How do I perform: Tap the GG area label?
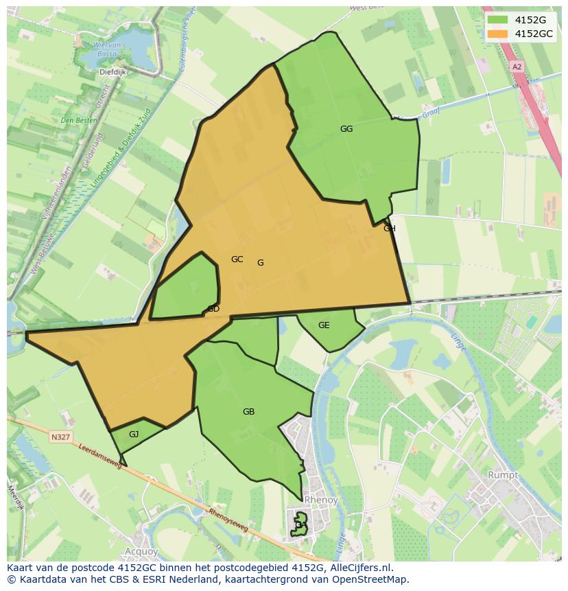346,128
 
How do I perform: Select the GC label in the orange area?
237,259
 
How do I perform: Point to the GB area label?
248,412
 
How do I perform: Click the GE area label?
324,325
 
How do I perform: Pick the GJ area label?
134,434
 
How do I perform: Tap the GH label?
390,229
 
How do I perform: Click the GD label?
213,309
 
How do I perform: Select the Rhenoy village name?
320,500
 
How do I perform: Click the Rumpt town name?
503,474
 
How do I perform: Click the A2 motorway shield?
517,67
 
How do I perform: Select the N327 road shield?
60,437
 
